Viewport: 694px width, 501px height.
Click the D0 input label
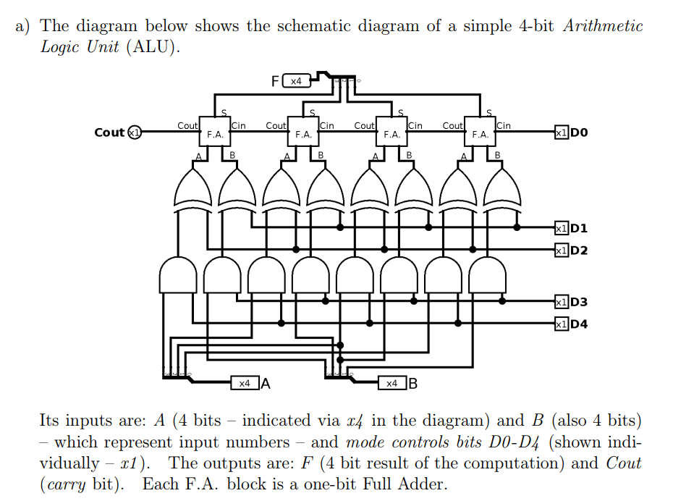click(x=579, y=132)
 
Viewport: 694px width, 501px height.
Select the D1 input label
click(x=579, y=229)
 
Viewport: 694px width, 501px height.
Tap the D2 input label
click(x=579, y=250)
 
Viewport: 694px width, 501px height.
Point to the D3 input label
click(x=579, y=302)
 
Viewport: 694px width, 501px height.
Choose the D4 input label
click(x=579, y=324)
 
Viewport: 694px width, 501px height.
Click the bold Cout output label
click(x=109, y=132)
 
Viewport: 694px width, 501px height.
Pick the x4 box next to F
click(x=296, y=81)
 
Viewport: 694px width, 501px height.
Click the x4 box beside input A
click(x=245, y=383)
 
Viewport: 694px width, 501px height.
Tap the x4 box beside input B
click(x=392, y=383)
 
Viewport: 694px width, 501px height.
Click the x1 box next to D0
click(x=561, y=132)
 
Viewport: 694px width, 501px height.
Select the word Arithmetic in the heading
click(x=602, y=27)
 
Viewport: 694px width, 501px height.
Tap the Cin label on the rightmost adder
click(x=504, y=125)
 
